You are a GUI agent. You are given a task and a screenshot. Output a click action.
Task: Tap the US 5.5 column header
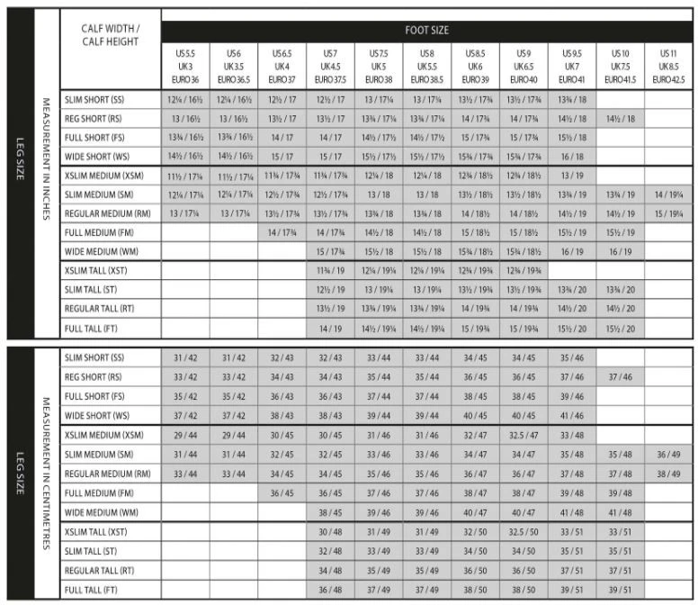[185, 67]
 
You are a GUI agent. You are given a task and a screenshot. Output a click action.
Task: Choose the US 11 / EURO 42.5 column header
[668, 67]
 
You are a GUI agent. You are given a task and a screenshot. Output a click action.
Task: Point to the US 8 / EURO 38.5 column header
[427, 67]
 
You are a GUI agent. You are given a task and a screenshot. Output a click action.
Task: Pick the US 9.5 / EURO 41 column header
[572, 67]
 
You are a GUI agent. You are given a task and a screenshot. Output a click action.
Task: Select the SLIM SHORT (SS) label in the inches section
[94, 99]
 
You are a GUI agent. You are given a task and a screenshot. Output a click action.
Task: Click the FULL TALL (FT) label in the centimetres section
[91, 590]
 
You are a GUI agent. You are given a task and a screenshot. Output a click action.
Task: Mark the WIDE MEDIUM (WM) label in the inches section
[98, 252]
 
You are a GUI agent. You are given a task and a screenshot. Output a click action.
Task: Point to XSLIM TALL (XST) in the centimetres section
[95, 531]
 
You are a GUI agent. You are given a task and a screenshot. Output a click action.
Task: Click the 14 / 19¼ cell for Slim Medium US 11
[668, 194]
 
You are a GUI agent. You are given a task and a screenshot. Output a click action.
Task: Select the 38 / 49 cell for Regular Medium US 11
[668, 474]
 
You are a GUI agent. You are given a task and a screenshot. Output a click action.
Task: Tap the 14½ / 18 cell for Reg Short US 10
[620, 119]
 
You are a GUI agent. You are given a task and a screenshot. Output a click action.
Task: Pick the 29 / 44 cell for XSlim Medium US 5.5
[185, 435]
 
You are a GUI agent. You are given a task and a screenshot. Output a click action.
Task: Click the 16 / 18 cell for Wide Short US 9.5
[572, 156]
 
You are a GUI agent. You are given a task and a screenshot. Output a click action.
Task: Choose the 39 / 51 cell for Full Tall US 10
[620, 590]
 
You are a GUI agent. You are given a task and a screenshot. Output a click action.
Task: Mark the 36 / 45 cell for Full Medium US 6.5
[282, 492]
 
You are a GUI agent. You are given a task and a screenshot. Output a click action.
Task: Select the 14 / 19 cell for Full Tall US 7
[330, 330]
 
